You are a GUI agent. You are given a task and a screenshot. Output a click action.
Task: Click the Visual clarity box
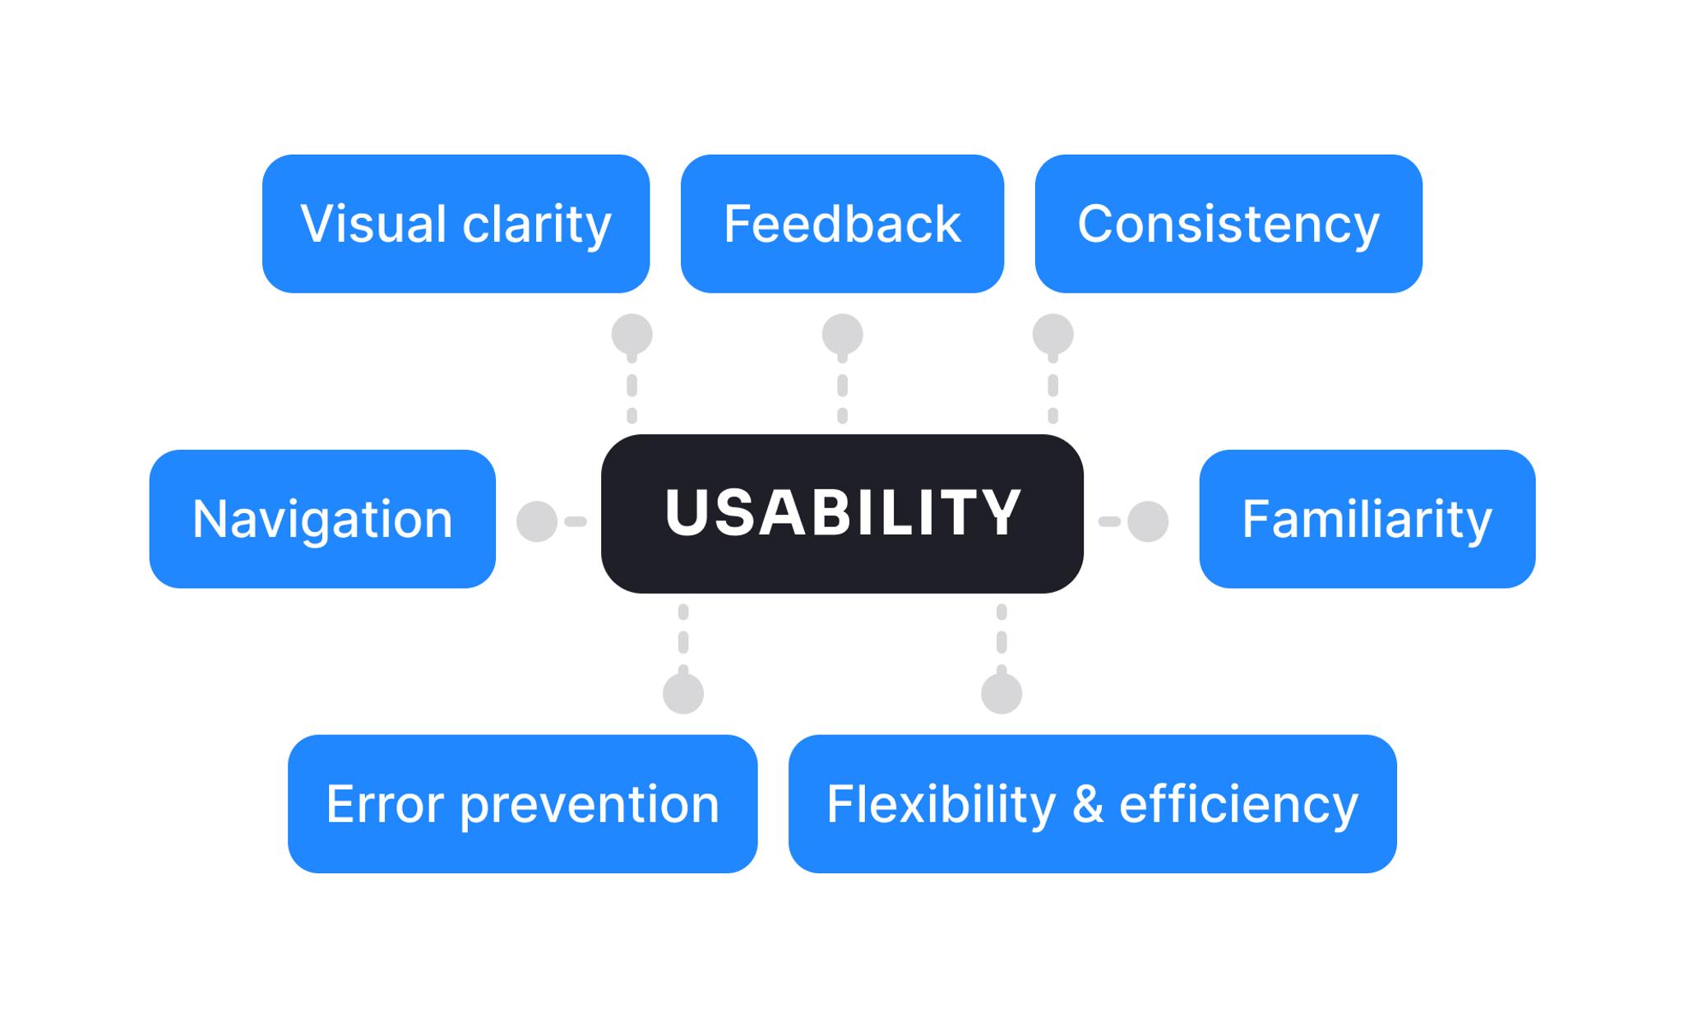click(x=456, y=224)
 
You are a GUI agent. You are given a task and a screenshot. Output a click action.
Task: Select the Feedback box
click(x=842, y=224)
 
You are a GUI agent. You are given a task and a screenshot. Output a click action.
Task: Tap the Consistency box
click(x=1228, y=224)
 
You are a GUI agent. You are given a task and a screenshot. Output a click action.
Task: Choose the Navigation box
click(x=322, y=519)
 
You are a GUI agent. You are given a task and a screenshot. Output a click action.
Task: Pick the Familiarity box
click(x=1367, y=519)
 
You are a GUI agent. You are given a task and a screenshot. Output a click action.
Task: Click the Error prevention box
click(x=522, y=803)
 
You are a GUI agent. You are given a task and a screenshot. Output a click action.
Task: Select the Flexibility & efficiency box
click(x=1092, y=803)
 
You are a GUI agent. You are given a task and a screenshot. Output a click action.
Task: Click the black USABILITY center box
click(x=842, y=513)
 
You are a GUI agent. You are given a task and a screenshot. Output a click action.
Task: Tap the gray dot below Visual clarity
click(x=631, y=335)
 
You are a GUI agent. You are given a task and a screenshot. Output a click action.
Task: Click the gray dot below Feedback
click(x=842, y=335)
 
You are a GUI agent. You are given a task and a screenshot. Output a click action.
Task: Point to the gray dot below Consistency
click(x=1052, y=335)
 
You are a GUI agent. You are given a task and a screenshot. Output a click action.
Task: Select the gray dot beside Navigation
click(x=537, y=521)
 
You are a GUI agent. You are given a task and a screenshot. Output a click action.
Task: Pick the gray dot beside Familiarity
click(x=1148, y=521)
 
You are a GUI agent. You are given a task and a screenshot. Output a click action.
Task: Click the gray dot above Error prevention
click(x=683, y=693)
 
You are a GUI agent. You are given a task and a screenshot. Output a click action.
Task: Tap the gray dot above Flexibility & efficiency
click(x=1002, y=693)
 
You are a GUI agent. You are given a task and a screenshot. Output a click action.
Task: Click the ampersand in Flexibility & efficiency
click(x=1087, y=804)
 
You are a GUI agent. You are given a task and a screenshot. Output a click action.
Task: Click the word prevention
click(x=590, y=804)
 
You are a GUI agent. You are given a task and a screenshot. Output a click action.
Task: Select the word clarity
click(x=537, y=224)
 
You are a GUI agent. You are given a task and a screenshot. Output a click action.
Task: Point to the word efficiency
click(x=1238, y=804)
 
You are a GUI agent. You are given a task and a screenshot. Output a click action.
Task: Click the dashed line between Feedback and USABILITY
click(x=842, y=386)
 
